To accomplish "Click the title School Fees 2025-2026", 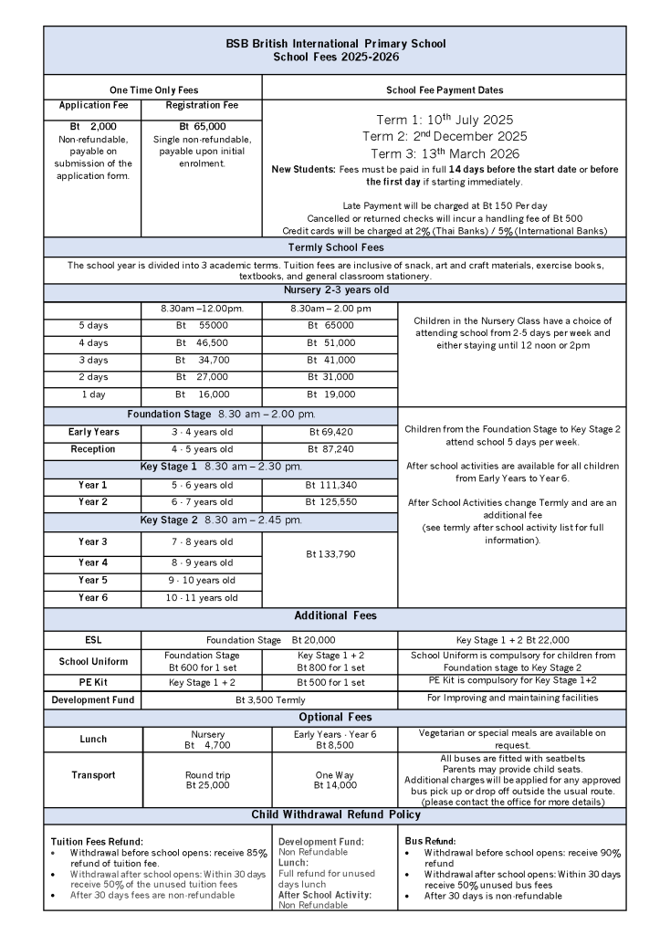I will click(336, 57).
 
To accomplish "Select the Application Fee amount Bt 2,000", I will click(93, 126).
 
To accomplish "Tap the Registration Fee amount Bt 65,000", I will click(203, 126).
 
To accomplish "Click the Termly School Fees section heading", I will click(335, 247).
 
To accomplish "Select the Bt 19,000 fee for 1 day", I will click(330, 394).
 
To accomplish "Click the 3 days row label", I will click(93, 360).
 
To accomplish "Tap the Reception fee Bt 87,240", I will click(330, 449).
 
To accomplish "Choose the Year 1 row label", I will click(93, 485).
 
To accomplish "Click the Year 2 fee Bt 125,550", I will click(330, 502).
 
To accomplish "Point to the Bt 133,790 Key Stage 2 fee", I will click(330, 553).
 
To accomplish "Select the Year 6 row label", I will click(93, 598).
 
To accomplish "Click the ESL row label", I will click(93, 640).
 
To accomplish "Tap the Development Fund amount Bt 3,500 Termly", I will click(270, 699).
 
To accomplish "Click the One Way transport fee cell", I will click(330, 780).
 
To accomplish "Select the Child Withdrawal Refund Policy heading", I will click(335, 814).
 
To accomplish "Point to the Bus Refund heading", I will click(430, 840).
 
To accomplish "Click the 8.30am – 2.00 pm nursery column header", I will click(330, 309).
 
